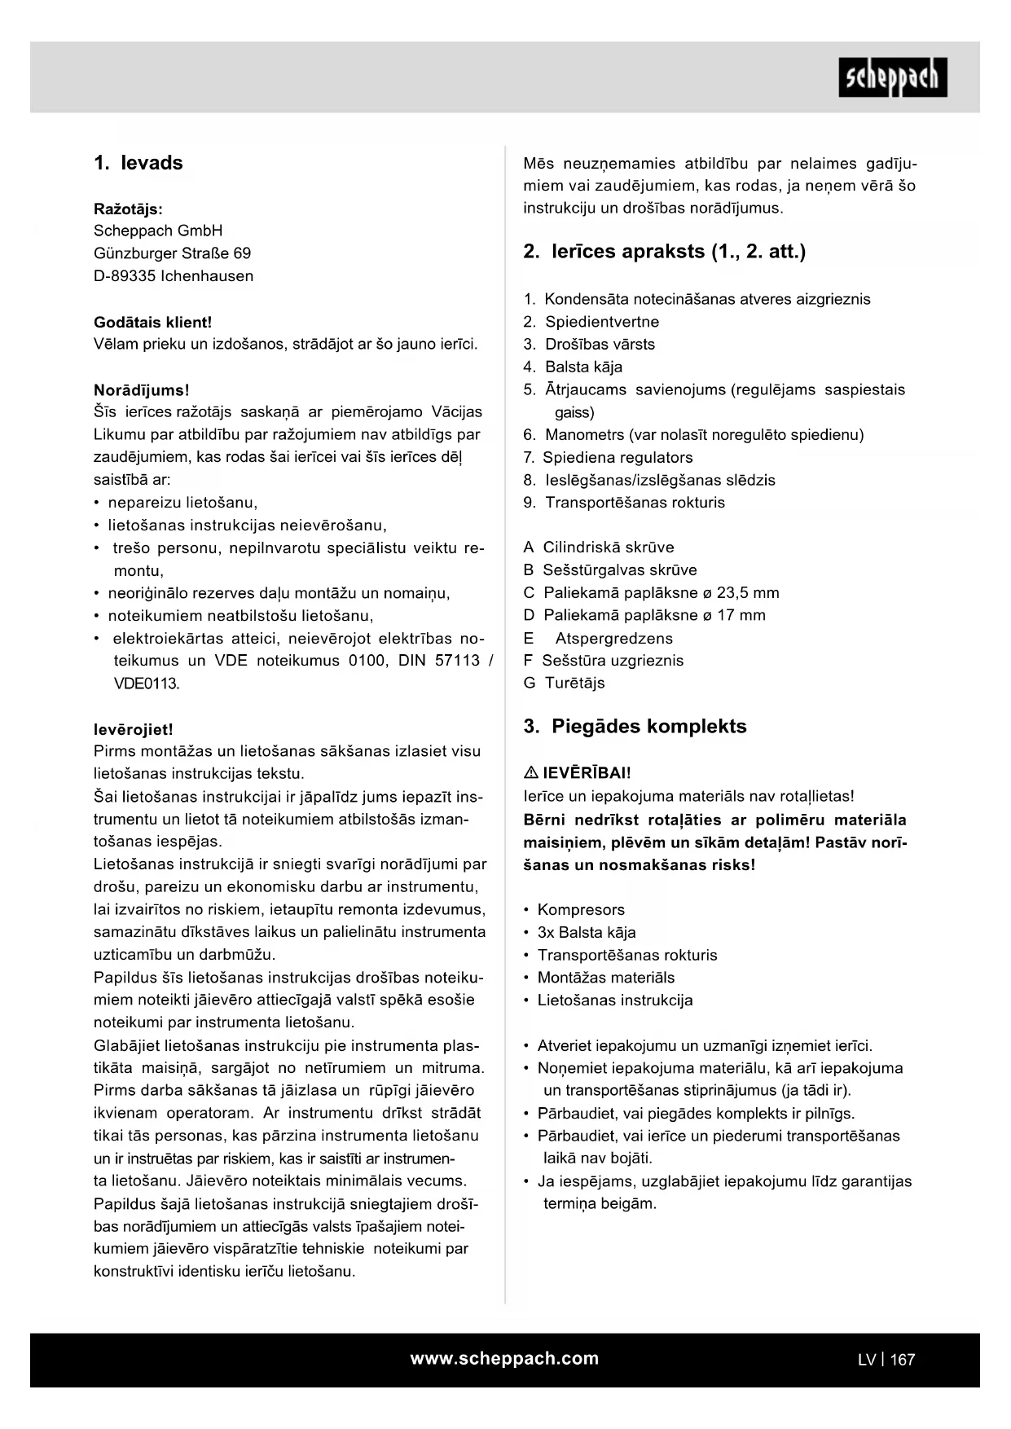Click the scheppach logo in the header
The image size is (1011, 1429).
click(893, 77)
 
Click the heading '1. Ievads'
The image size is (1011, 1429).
click(138, 163)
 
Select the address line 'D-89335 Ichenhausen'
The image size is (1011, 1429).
click(174, 276)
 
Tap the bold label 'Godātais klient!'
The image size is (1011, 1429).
click(152, 323)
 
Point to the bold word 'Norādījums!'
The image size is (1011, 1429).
click(141, 390)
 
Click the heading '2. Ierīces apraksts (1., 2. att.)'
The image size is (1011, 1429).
click(664, 252)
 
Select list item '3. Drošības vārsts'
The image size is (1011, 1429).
click(589, 345)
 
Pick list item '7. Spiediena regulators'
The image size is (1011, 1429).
click(608, 458)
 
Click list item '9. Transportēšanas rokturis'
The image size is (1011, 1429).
click(624, 503)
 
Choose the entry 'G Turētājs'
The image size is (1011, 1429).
click(564, 684)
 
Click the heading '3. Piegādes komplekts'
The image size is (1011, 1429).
click(635, 727)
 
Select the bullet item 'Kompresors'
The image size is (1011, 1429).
click(581, 910)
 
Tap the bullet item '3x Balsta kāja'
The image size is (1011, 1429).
click(587, 933)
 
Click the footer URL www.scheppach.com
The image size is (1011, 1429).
click(504, 1359)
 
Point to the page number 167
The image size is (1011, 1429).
click(903, 1360)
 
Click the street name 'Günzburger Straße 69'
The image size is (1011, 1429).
click(172, 253)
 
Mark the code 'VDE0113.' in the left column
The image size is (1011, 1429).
click(146, 684)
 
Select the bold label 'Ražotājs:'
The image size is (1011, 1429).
click(128, 209)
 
